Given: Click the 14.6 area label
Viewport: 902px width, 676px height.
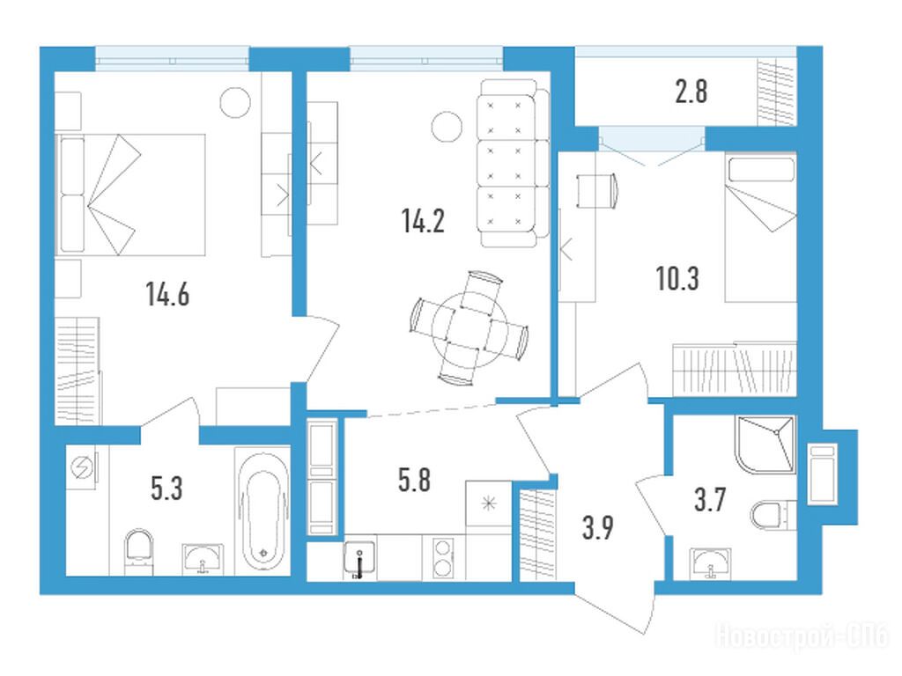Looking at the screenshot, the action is pos(167,294).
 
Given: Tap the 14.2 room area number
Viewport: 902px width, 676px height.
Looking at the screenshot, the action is pos(423,221).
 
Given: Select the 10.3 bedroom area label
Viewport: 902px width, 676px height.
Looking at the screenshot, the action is pos(677,279).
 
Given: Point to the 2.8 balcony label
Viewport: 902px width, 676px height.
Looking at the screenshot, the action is pos(691,92).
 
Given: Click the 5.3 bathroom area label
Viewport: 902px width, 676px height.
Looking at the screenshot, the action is pos(166,489).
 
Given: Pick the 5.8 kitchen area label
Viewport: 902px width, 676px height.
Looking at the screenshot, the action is pos(414,480).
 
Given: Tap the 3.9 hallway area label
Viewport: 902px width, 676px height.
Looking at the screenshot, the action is pos(598,528).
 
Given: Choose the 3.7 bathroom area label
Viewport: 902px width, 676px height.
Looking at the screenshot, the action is pos(710,500).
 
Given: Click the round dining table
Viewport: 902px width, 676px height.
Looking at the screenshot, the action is pos(469,329).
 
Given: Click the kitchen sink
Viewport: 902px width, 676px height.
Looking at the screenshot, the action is pos(359,557).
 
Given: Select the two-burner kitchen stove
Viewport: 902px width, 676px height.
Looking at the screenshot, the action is pos(442,557).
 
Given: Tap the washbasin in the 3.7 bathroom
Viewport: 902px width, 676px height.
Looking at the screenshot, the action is pos(711,562).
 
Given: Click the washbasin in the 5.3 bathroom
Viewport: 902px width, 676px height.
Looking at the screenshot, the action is pos(202,559).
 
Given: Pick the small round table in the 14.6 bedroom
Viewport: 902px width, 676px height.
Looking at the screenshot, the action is pos(235,102).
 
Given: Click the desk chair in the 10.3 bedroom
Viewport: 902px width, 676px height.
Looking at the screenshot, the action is pos(598,190).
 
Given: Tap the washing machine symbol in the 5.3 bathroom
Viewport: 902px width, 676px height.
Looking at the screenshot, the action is pos(81,468).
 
